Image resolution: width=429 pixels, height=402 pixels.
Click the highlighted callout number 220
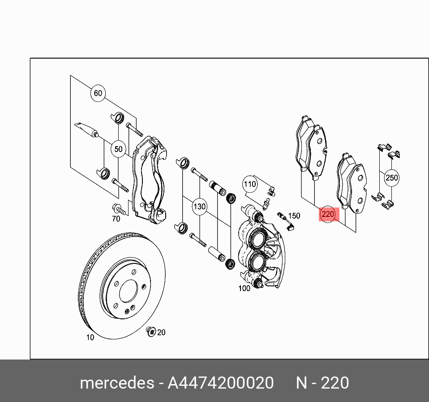tap(328, 214)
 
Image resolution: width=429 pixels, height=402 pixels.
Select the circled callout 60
tap(98, 93)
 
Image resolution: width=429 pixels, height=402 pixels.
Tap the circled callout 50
tap(118, 149)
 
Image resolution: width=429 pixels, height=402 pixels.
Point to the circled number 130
tap(199, 207)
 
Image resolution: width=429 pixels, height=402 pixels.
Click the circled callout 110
tap(249, 184)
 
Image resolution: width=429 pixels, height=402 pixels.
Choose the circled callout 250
tap(391, 178)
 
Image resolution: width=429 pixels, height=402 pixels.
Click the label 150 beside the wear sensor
tap(294, 216)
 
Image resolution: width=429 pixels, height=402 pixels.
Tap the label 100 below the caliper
tap(244, 288)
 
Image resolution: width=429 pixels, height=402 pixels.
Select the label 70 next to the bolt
tap(116, 219)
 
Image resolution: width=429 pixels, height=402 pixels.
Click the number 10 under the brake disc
tap(90, 337)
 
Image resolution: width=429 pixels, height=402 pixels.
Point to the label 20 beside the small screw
tap(161, 332)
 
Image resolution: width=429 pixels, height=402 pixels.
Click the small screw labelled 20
tap(151, 331)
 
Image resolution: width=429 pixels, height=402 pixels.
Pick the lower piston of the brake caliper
tap(257, 262)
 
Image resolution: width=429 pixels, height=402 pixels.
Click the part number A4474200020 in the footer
tap(220, 383)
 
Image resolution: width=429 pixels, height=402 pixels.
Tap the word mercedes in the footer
tap(116, 383)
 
